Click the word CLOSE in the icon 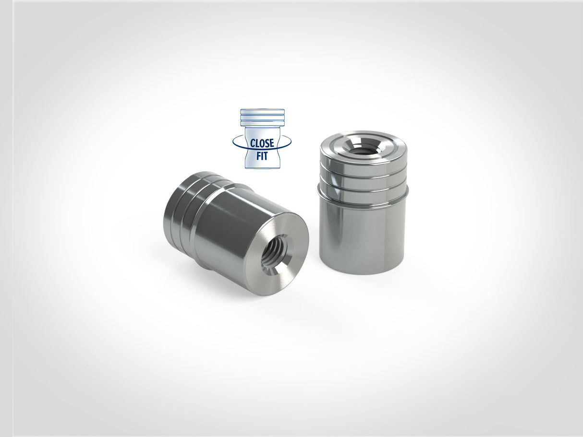(x=262, y=143)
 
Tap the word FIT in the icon (x=262, y=156)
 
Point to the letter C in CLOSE (x=252, y=143)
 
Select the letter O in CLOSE (x=262, y=143)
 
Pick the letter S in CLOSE (x=267, y=143)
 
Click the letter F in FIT (x=258, y=156)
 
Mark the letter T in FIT (x=266, y=156)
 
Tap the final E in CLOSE (x=271, y=143)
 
